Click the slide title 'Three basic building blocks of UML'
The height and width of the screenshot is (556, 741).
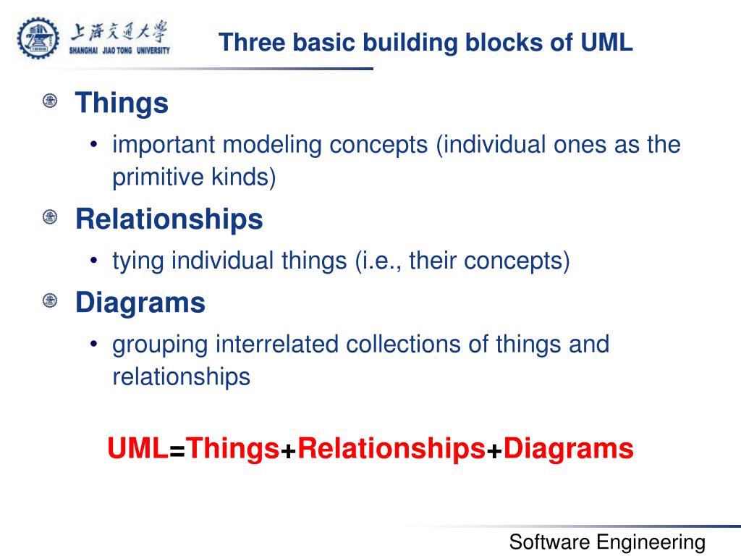coord(426,43)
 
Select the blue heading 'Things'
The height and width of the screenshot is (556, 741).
coord(122,103)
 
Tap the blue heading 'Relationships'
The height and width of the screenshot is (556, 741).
coord(169,219)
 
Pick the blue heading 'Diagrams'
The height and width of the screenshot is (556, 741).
coord(140,303)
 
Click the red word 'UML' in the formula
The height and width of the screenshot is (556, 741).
coord(137,449)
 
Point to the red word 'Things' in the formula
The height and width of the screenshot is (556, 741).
coord(233,449)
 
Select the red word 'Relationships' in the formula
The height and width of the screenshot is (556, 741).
coord(391,449)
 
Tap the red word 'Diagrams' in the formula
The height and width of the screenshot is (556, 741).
coord(569,449)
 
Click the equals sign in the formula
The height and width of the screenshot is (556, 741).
coord(178,451)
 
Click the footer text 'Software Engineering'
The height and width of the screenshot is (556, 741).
coord(607,542)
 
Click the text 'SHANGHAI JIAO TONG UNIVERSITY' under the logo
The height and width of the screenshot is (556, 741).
coord(119,51)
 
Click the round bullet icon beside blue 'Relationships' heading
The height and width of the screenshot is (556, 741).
coord(50,217)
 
